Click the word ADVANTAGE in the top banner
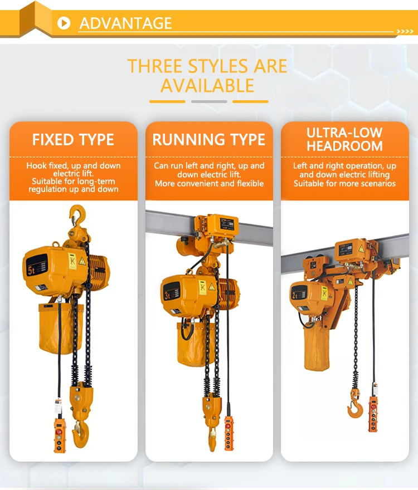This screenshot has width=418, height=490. tap(125, 23)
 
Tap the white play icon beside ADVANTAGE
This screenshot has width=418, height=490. tap(65, 23)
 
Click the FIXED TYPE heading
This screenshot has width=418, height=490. tap(73, 139)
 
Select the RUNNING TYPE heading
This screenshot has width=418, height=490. tap(209, 139)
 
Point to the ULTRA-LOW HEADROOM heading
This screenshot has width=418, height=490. tap(344, 139)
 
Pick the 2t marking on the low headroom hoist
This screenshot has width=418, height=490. tap(295, 294)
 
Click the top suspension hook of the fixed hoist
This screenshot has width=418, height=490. tap(77, 214)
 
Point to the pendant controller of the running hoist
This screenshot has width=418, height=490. tap(229, 430)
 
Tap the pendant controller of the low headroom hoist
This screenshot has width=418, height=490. tap(372, 413)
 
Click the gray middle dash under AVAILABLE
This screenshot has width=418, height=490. tap(209, 101)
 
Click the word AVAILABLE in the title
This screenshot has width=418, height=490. tap(207, 86)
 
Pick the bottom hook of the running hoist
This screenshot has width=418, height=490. tap(212, 434)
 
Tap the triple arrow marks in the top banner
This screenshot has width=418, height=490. tap(404, 31)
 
